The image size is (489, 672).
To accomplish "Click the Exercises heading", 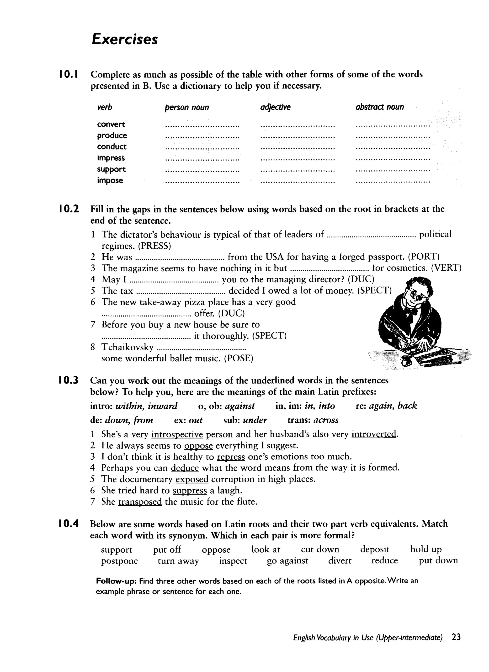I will [125, 39].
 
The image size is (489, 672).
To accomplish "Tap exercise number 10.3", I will [69, 380].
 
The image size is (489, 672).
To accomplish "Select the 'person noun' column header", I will [187, 107].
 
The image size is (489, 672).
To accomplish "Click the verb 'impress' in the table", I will [111, 158].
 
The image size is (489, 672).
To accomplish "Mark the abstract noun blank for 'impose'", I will [393, 182].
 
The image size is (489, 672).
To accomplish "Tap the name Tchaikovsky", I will [128, 347].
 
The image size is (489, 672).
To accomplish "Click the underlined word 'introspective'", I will [177, 434].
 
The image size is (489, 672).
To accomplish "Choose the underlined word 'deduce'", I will [185, 468].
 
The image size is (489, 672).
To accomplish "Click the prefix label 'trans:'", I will [299, 420].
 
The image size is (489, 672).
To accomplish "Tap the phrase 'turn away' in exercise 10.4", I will [178, 561].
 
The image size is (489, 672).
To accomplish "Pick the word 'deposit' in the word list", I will [374, 549].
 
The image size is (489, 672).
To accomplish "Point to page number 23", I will [456, 645].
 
